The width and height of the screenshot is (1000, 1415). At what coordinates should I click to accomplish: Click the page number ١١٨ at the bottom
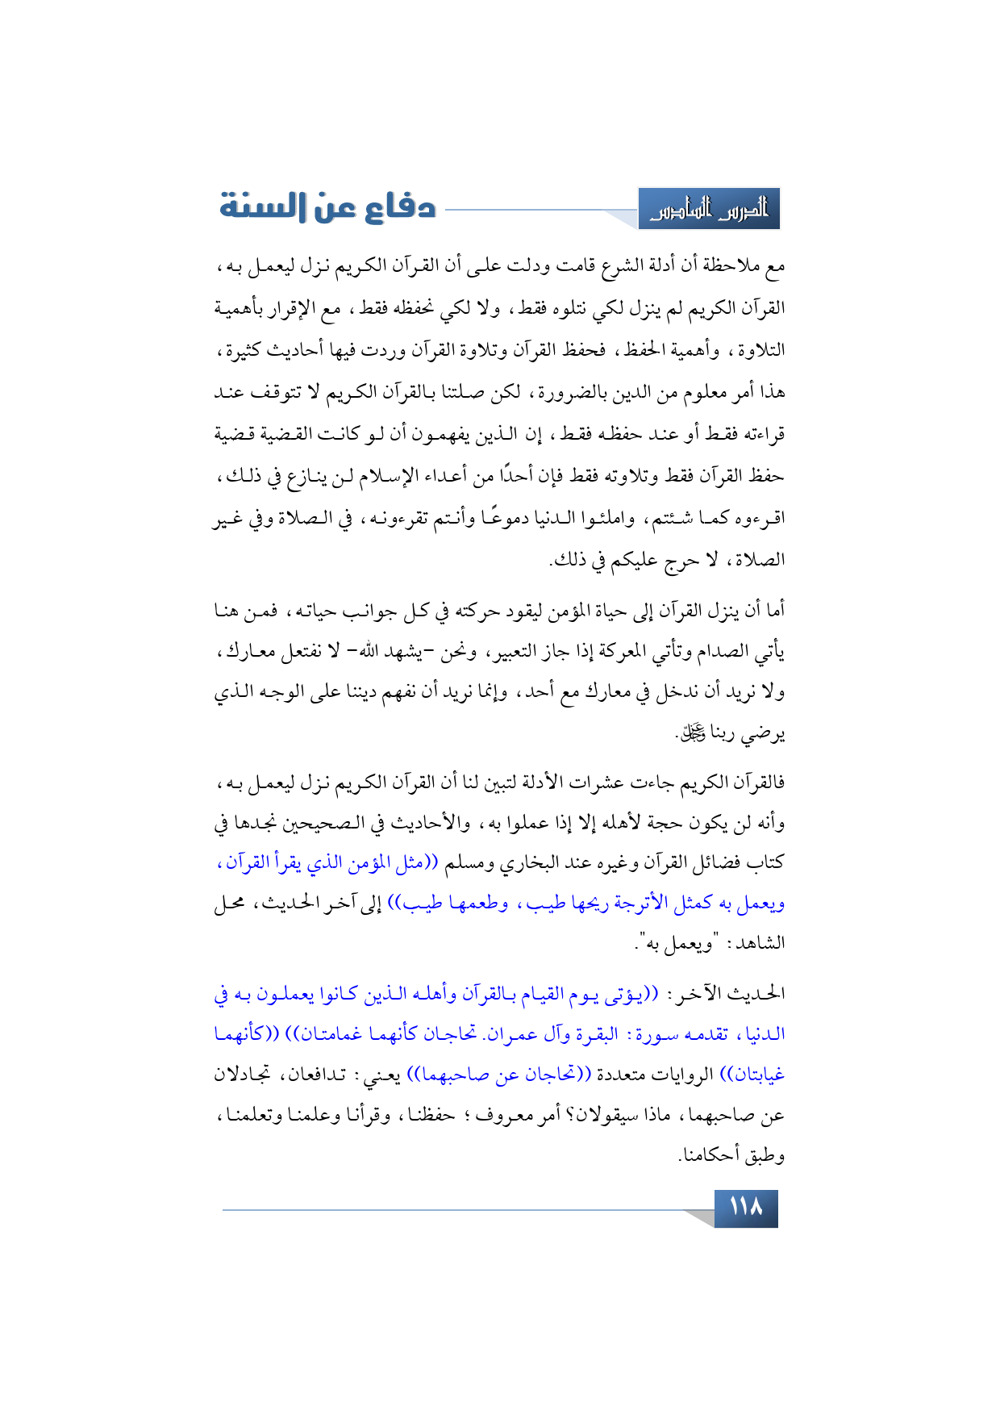[x=745, y=1208]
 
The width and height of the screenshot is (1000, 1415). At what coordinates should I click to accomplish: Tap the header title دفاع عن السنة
[x=328, y=207]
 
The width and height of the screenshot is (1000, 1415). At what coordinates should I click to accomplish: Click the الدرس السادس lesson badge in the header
[x=709, y=210]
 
